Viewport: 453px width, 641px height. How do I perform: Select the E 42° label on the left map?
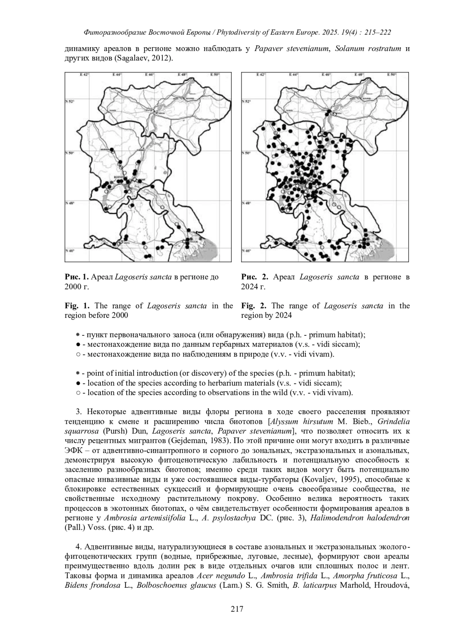coord(84,75)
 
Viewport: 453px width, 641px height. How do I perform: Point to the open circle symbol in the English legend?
coord(77,393)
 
